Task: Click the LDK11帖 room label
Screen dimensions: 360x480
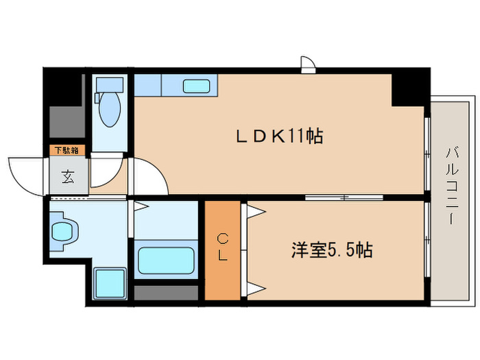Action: [x=279, y=136]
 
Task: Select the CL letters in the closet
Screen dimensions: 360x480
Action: [x=223, y=247]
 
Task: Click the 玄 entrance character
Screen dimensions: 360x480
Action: [x=68, y=178]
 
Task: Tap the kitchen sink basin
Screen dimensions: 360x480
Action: [x=196, y=87]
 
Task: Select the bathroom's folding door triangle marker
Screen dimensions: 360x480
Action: [x=140, y=206]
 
